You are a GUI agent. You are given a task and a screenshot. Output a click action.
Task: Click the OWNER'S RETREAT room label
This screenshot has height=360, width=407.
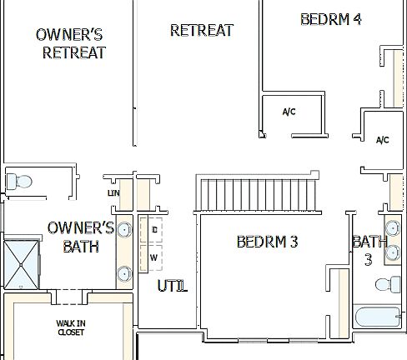tap(70, 43)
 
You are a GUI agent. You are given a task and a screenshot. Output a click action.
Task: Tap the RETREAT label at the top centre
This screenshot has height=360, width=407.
tap(201, 30)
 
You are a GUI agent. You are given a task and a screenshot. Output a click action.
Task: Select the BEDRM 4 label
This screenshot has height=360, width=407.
tap(330, 18)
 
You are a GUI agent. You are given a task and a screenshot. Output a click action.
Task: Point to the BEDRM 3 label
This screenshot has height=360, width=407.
tap(267, 242)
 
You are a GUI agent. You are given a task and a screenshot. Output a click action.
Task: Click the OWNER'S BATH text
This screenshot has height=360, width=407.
tap(81, 237)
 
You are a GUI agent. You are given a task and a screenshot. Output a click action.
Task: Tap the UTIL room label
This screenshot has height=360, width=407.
tap(172, 287)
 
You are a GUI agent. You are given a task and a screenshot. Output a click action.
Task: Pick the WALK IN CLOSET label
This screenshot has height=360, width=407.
tap(71, 327)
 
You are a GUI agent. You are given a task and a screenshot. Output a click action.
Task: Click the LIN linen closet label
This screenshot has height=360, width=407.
tap(114, 194)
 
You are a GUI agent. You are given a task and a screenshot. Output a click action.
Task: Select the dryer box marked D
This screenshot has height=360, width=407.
tap(154, 229)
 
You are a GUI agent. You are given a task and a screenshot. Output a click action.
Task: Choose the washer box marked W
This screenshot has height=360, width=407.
tap(154, 257)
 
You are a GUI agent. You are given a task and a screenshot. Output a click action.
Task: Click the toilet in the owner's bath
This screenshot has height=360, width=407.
tap(21, 180)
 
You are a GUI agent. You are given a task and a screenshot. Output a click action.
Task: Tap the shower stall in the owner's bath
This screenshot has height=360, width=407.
tap(22, 263)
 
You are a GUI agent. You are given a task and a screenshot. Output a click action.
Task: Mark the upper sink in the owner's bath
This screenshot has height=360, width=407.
tap(124, 229)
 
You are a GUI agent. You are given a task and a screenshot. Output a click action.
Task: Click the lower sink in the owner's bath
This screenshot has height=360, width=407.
tap(124, 272)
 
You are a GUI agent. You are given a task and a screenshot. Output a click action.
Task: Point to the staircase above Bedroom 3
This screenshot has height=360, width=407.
tap(256, 194)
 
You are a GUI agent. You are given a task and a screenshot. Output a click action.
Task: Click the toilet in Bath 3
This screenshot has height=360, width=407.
tap(385, 284)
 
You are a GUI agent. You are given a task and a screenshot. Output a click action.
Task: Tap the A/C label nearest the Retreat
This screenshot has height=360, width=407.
tap(289, 112)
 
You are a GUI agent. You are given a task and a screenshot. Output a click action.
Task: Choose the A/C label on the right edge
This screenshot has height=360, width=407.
tap(383, 140)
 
